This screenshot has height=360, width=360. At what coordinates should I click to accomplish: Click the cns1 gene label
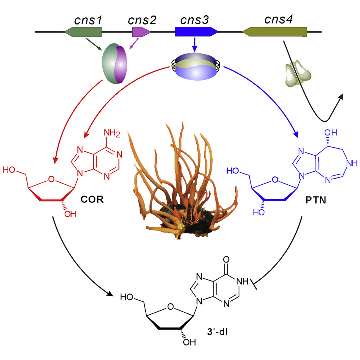(88, 20)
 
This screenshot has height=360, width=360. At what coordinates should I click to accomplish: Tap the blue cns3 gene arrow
(196, 32)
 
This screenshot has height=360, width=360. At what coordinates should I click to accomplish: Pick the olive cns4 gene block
(275, 32)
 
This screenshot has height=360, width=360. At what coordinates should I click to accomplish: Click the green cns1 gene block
(83, 32)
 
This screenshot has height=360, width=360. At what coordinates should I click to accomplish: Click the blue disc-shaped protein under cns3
(196, 67)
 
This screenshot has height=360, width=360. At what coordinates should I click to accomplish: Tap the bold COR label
(92, 200)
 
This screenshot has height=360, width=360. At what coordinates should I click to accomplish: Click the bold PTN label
(316, 200)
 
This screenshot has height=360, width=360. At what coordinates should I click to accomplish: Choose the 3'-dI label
(217, 332)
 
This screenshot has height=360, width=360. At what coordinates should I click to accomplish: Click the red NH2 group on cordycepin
(112, 133)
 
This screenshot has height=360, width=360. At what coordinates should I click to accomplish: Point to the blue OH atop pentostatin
(331, 133)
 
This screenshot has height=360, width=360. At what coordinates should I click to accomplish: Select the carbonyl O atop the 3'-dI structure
(226, 260)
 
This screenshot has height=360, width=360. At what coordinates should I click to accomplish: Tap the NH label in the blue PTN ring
(352, 163)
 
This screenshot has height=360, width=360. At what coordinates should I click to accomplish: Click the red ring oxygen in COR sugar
(51, 179)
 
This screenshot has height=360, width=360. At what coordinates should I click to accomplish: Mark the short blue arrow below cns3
(195, 45)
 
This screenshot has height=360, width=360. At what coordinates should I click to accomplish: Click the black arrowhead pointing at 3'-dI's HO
(110, 293)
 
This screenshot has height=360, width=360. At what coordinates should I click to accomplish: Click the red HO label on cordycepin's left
(9, 170)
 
